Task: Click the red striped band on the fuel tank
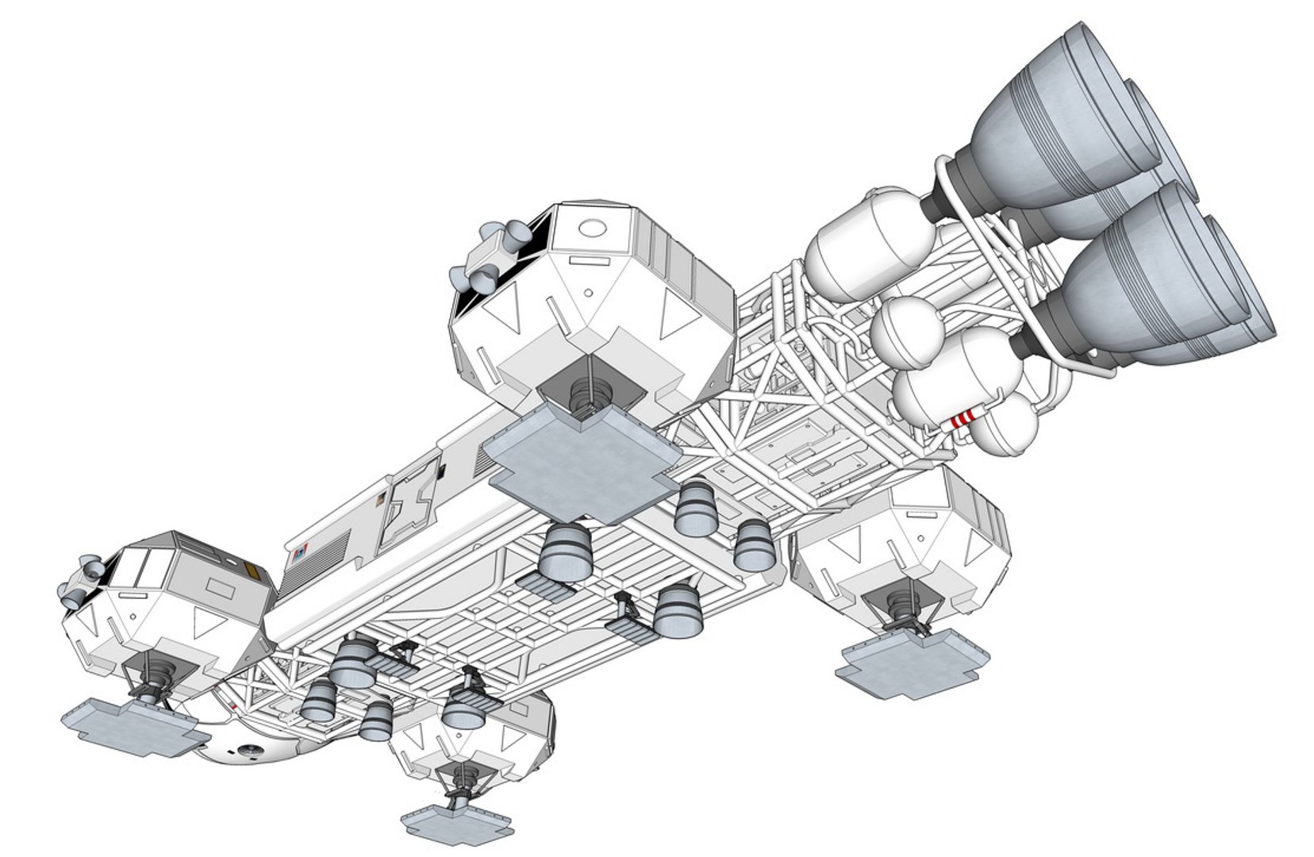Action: [962, 419]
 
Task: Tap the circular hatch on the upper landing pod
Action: [591, 229]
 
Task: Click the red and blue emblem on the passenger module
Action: [299, 553]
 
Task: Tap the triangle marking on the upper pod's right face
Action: [673, 317]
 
